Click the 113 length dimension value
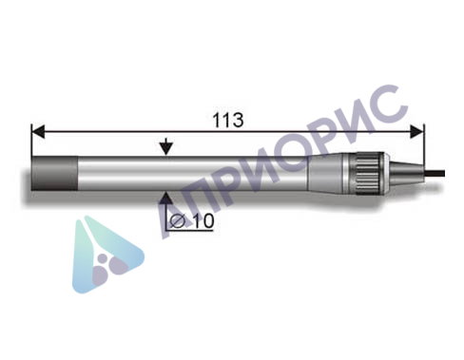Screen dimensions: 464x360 228,120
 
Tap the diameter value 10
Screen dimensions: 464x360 203,220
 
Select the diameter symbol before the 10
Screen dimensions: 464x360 178,221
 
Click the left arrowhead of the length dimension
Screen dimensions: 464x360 38,131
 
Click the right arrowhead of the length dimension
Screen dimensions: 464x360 416,131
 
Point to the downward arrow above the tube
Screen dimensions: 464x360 166,147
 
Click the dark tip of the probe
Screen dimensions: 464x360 54,173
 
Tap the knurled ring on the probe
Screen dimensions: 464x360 368,173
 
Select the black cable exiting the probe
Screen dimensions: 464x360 435,173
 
